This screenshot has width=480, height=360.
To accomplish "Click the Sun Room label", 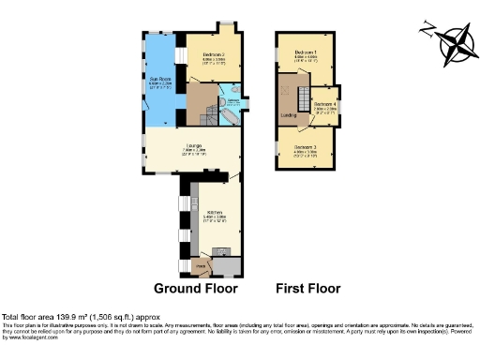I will coord(160,81).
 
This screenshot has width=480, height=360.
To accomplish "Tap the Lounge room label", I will coord(195,145).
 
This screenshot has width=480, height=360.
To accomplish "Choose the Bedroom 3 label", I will coord(307,147).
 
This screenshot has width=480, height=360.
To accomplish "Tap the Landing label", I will coord(290,116).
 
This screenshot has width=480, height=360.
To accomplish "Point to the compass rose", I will coord(456,44).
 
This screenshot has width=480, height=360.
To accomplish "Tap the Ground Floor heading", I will coord(195,288).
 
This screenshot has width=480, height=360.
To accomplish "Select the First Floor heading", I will coord(307,288).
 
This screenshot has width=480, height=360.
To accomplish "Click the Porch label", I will coord(201,266).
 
